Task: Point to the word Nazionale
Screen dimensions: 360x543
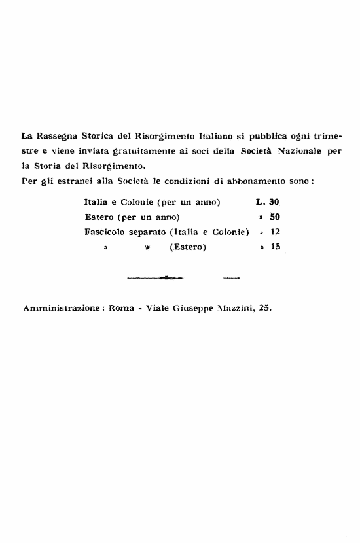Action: coord(300,152)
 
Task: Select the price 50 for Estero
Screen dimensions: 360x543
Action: coord(275,217)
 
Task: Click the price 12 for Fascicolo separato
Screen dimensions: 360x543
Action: coord(275,232)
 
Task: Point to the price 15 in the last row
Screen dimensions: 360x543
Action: coord(275,247)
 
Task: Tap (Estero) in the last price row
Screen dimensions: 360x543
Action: coord(188,247)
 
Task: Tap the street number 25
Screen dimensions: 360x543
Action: coord(264,307)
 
